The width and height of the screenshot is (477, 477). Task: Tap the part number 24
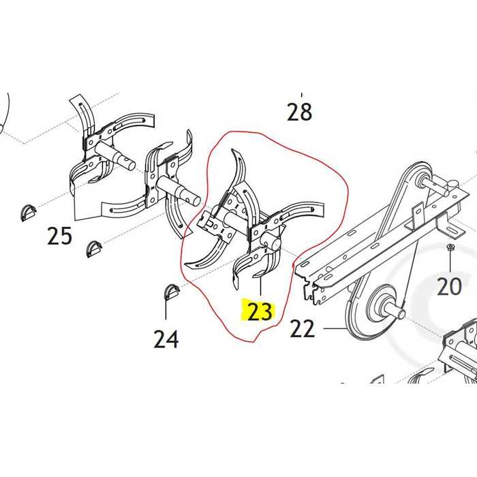click(x=166, y=338)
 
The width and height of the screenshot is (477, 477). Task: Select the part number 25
click(x=59, y=236)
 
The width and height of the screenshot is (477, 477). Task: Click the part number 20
click(x=449, y=286)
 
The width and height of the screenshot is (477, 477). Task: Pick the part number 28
click(x=299, y=111)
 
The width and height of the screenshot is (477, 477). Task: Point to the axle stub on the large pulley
click(x=397, y=313)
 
